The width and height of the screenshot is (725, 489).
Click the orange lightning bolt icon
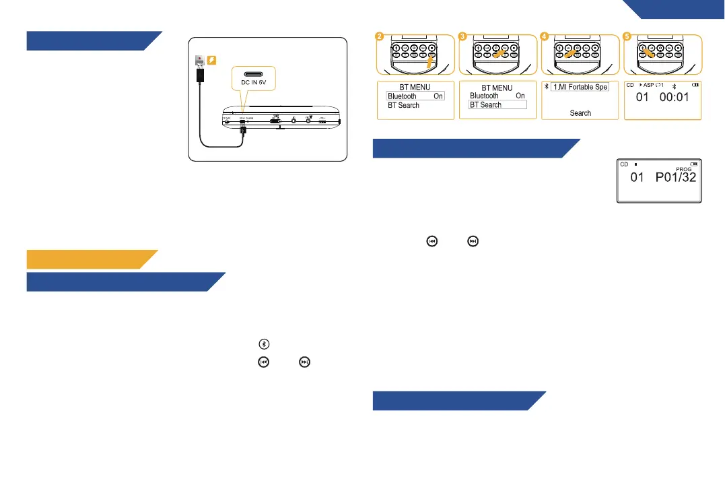point(211,61)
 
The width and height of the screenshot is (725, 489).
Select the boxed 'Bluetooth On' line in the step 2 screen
point(415,96)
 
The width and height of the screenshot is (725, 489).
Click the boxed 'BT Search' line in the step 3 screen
point(497,105)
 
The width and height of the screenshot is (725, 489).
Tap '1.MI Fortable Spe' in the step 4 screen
point(580,88)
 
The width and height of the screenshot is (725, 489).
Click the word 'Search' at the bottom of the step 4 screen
point(580,113)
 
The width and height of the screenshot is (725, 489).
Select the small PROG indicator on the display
point(683,169)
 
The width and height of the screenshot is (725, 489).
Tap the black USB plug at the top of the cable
point(201,74)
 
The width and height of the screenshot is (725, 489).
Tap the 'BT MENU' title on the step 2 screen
point(415,88)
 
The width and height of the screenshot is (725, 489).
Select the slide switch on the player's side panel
point(275,122)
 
